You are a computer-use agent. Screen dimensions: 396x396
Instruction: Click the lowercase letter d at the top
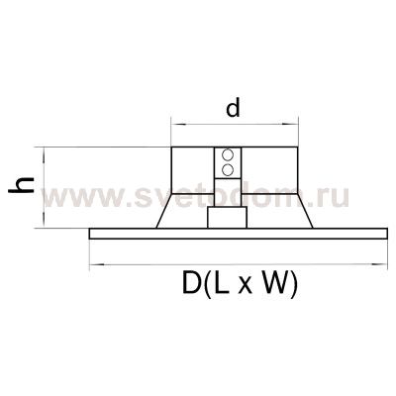pyautogui.click(x=234, y=110)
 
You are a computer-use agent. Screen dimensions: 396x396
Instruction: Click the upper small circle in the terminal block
pyautogui.click(x=229, y=155)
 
